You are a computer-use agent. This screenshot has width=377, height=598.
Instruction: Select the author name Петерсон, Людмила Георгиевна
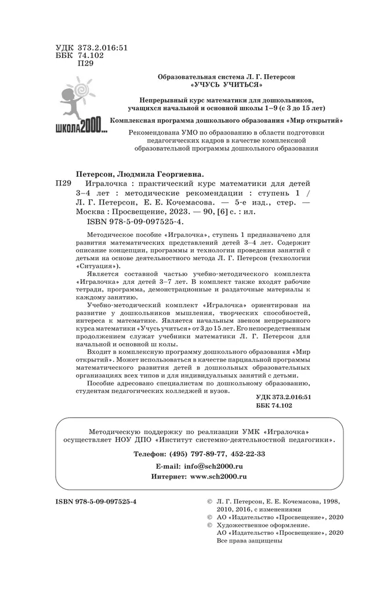coord(141,173)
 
